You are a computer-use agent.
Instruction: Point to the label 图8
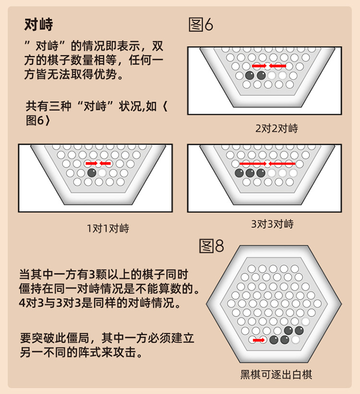tap(211, 246)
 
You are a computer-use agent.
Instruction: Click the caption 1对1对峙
tap(108, 228)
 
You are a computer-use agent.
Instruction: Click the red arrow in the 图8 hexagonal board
tap(259, 340)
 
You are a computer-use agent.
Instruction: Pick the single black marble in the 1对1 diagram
tap(92, 172)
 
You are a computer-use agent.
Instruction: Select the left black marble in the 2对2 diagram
tap(250, 75)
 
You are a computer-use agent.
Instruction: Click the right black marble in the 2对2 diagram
tap(261, 75)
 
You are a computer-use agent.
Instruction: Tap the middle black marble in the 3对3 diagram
tap(250, 173)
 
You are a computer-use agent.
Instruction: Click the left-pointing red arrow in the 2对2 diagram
tap(278, 65)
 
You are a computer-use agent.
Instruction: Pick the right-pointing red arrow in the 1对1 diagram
tap(91, 163)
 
